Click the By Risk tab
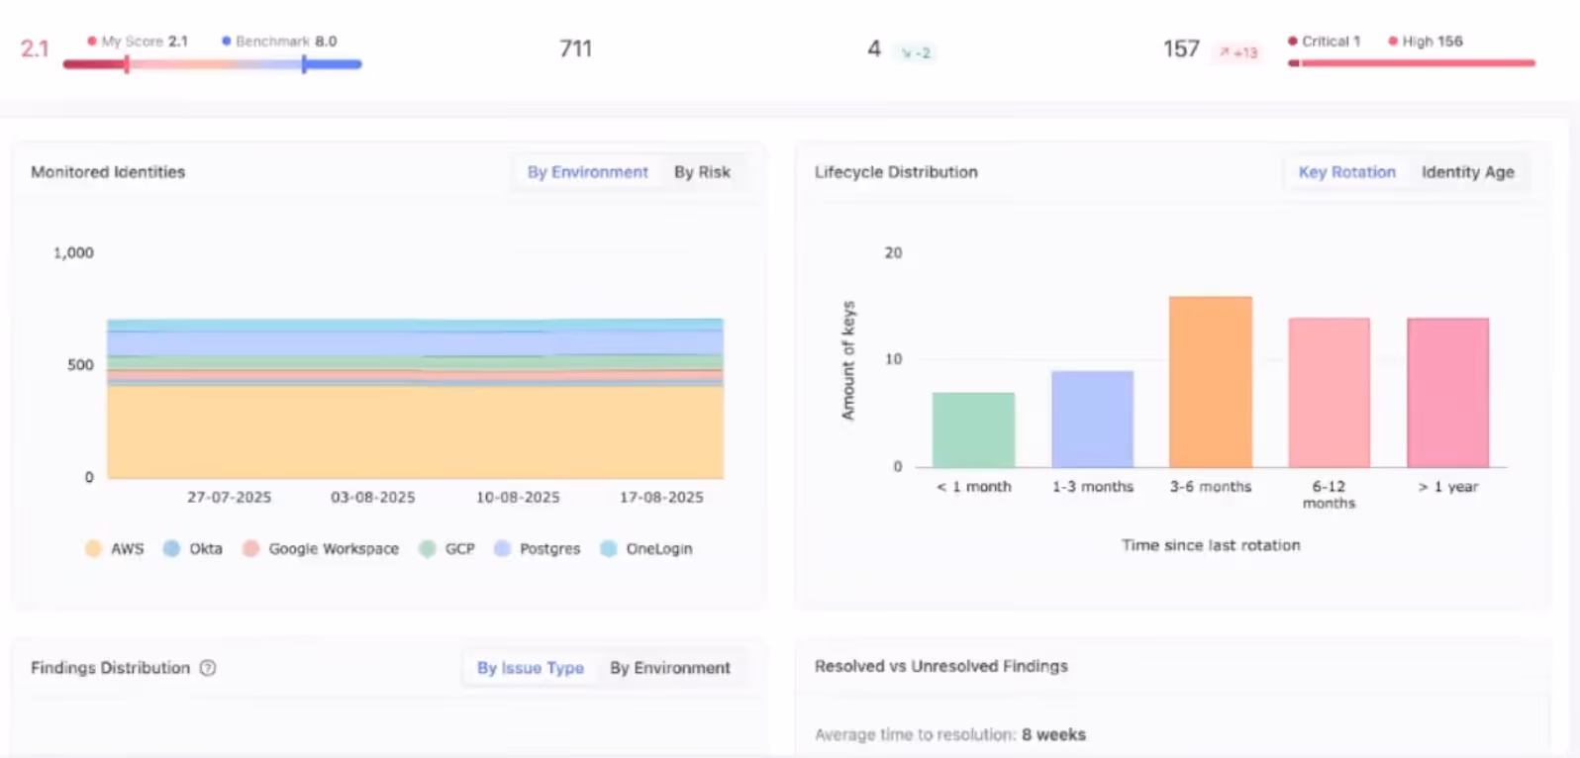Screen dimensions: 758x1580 click(x=702, y=172)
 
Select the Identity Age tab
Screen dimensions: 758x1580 click(x=1467, y=172)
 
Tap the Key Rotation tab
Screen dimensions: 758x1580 click(x=1346, y=172)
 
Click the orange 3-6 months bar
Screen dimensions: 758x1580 click(x=1210, y=382)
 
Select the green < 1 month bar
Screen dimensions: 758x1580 click(x=973, y=430)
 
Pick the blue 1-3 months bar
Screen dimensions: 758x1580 click(x=1092, y=420)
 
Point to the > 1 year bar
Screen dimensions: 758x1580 click(x=1447, y=393)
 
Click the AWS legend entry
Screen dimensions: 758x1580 click(x=115, y=549)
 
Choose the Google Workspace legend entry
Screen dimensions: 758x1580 click(x=322, y=549)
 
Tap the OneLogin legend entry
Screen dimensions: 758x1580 click(x=647, y=549)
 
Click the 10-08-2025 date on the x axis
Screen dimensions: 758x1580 click(x=518, y=498)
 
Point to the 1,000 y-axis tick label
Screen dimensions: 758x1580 click(x=73, y=253)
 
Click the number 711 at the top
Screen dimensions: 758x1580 click(x=575, y=48)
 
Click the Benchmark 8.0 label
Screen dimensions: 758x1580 click(x=279, y=42)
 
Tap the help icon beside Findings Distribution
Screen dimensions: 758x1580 click(x=208, y=668)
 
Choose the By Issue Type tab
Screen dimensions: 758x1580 click(x=530, y=668)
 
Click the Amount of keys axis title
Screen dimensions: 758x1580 click(x=848, y=360)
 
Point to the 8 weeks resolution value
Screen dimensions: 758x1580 click(x=1053, y=735)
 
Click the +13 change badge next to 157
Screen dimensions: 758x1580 click(x=1238, y=52)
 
